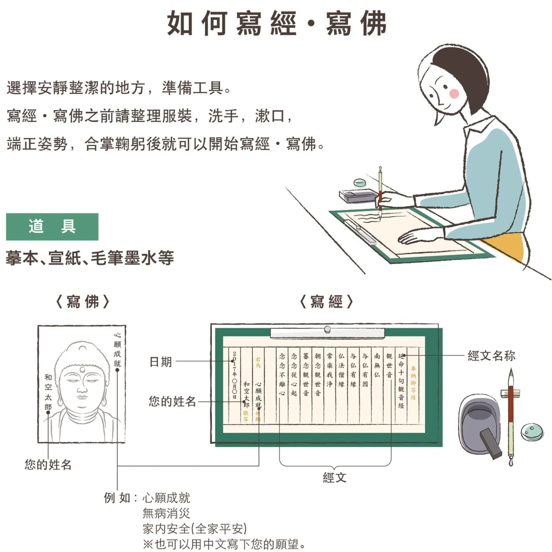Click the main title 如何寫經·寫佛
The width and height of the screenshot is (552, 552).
click(x=277, y=23)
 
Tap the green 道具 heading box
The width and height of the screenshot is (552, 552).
click(x=52, y=227)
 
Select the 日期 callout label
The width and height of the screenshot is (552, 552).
click(x=161, y=362)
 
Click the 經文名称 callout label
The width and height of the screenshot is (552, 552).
click(x=492, y=356)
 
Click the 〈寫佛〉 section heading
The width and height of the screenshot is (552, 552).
click(x=83, y=302)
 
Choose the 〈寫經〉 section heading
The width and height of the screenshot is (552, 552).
click(x=327, y=302)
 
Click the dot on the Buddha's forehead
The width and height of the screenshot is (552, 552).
click(x=83, y=370)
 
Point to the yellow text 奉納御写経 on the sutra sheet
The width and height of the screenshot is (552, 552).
click(x=413, y=383)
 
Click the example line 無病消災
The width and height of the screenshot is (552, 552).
click(x=166, y=513)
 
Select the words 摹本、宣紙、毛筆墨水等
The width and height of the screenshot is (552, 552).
click(x=90, y=258)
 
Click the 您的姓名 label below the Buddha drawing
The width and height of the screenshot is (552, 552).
click(x=48, y=465)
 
